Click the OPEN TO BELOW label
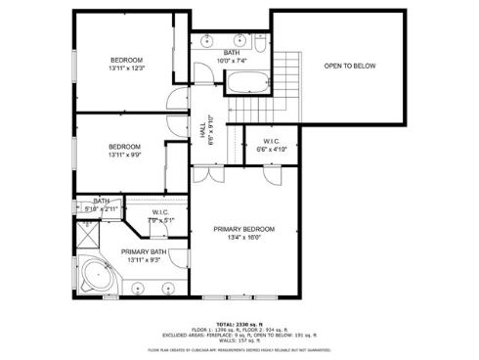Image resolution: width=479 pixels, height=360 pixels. point(349,67)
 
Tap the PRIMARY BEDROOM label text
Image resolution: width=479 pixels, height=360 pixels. point(243,228)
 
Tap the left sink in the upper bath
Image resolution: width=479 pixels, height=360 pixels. point(206,40)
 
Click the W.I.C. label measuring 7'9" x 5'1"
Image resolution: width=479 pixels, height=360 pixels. point(159,216)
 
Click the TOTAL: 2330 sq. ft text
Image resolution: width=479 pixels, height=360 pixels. point(239,323)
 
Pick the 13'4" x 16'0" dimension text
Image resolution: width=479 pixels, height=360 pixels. point(243,237)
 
